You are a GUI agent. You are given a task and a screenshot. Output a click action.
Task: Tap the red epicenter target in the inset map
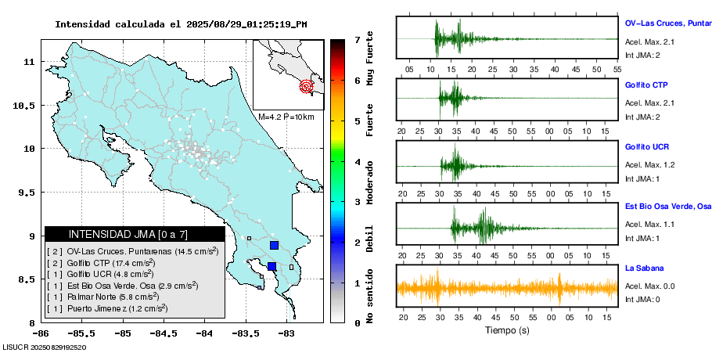click(307, 87)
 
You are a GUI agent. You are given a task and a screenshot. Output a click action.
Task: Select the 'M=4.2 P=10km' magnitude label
click(286, 117)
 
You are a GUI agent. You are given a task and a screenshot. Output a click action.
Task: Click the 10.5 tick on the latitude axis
click(28, 105)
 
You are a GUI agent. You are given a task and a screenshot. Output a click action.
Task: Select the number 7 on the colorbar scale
click(357, 39)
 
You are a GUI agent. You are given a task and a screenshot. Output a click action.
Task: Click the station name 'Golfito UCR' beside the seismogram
click(646, 147)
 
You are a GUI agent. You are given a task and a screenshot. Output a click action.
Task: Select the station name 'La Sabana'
click(643, 268)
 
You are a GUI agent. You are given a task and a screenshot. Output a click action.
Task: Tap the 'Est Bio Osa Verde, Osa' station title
click(667, 207)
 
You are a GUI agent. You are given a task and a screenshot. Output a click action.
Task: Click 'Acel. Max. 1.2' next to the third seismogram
click(649, 165)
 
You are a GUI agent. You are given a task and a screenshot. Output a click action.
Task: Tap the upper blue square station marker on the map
click(274, 245)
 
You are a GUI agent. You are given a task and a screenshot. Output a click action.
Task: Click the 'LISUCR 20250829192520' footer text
click(44, 347)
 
